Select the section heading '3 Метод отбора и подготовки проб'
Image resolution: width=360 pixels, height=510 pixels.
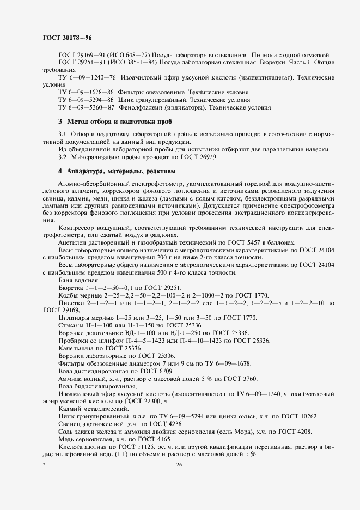point(115,122)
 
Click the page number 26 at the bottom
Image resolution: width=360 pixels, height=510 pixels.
point(179,464)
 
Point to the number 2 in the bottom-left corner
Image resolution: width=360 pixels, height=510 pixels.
point(44,464)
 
